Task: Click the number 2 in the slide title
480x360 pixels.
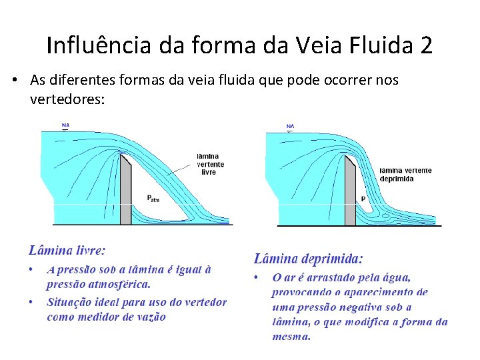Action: tap(426, 45)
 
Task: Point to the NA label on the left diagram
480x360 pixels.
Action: tap(65, 125)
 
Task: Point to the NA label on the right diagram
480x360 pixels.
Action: tap(290, 126)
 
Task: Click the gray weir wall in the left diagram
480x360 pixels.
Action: tap(125, 190)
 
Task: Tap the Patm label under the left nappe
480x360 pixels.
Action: tap(153, 197)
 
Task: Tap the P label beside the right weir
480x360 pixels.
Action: tap(363, 198)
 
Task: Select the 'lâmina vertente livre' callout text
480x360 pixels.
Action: tap(210, 163)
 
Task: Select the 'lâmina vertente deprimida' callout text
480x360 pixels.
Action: tap(405, 175)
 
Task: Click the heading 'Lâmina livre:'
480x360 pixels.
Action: tap(67, 251)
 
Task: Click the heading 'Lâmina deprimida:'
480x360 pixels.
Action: tap(309, 258)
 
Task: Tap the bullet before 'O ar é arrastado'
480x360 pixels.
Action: tap(256, 277)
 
